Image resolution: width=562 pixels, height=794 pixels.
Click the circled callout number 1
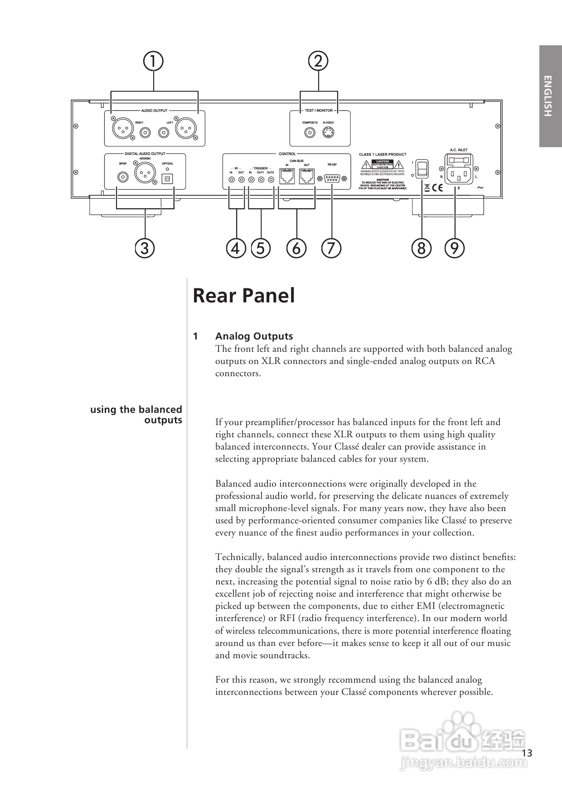[x=153, y=61]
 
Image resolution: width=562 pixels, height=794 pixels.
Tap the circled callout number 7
[x=331, y=248]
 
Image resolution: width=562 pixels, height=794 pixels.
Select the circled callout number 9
[x=455, y=248]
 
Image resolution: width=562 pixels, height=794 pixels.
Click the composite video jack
[x=310, y=133]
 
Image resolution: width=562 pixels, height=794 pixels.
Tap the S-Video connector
[x=328, y=133]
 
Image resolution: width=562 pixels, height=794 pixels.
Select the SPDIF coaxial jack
[x=122, y=177]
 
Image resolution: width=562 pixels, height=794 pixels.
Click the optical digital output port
[x=167, y=178]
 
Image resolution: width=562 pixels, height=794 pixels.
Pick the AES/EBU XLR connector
[x=145, y=172]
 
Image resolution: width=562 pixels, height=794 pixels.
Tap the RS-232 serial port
[x=332, y=178]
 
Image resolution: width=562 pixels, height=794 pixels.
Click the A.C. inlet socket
[x=459, y=173]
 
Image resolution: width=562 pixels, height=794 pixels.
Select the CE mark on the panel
[x=437, y=187]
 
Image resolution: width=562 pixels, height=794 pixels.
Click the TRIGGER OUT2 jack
[x=271, y=180]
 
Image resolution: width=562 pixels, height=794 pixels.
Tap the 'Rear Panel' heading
[x=244, y=296]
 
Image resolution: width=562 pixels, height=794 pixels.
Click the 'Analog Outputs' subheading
[x=254, y=336]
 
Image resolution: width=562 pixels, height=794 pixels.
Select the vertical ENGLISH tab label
[x=548, y=96]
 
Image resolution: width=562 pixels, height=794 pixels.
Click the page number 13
[x=527, y=753]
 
